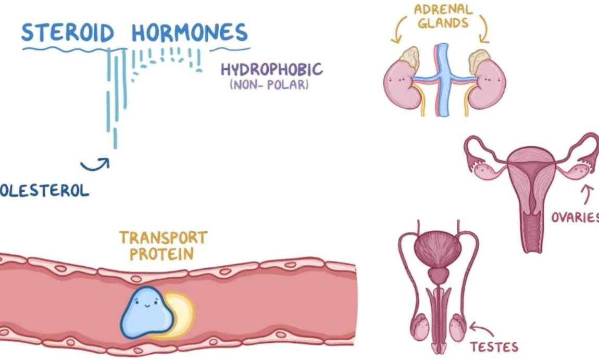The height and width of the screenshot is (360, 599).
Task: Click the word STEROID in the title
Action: tap(68, 32)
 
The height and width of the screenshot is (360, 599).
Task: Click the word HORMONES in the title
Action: tap(189, 32)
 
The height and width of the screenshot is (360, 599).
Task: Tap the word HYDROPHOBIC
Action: tap(271, 70)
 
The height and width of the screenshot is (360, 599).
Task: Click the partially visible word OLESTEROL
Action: tap(44, 191)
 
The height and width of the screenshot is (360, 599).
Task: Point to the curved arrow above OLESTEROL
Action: tap(96, 165)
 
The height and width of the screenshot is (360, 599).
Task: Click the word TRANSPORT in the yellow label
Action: tap(163, 238)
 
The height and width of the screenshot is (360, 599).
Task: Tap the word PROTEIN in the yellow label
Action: tap(162, 254)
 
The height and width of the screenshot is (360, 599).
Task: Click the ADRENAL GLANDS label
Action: tap(437, 16)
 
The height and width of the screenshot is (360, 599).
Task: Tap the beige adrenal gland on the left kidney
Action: tap(409, 58)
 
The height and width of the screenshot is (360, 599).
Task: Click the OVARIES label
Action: tap(575, 217)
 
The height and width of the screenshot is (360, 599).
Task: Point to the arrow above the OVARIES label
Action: tap(588, 195)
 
